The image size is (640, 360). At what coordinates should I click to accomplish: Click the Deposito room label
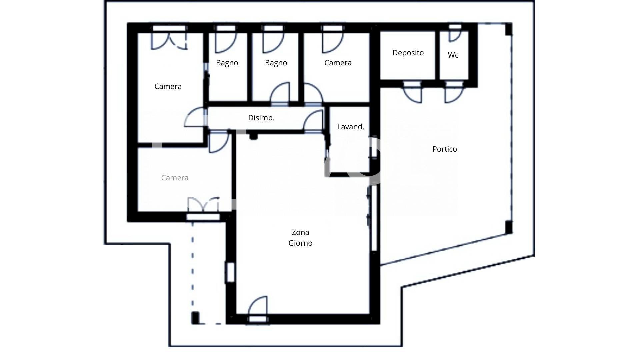pyautogui.click(x=408, y=53)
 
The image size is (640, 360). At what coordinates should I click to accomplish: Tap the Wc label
pyautogui.click(x=453, y=55)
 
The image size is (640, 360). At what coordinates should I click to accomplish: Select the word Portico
pyautogui.click(x=444, y=149)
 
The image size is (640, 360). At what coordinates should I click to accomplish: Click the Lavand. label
pyautogui.click(x=350, y=127)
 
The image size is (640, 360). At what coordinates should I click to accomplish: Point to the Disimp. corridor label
pyautogui.click(x=261, y=118)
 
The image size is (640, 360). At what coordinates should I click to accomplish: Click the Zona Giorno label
pyautogui.click(x=300, y=238)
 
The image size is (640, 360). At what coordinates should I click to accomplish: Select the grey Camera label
pyautogui.click(x=175, y=178)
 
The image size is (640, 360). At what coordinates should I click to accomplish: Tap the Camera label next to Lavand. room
pyautogui.click(x=338, y=63)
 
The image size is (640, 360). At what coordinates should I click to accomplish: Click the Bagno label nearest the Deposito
pyautogui.click(x=276, y=63)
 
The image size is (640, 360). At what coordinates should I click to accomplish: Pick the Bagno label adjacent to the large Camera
pyautogui.click(x=227, y=63)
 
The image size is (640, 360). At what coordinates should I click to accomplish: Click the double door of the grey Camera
pyautogui.click(x=203, y=205)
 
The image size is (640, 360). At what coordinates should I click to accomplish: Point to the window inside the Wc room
pyautogui.click(x=455, y=27)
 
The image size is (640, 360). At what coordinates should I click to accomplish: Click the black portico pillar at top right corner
pyautogui.click(x=508, y=29)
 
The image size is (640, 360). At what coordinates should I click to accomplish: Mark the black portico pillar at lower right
pyautogui.click(x=509, y=227)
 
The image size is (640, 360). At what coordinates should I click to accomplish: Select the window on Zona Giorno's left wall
pyautogui.click(x=230, y=272)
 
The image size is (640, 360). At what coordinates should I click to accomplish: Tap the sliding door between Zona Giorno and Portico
pyautogui.click(x=373, y=218)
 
